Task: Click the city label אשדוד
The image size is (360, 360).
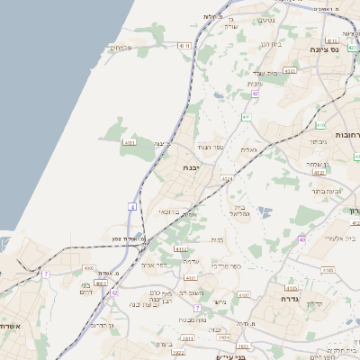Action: (9, 327)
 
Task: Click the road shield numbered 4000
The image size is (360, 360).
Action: (88, 267)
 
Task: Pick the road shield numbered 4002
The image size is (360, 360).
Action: (181, 248)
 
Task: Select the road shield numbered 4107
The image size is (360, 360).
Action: (242, 294)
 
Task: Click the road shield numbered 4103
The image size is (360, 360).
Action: (328, 269)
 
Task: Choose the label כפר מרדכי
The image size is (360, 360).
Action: (226, 265)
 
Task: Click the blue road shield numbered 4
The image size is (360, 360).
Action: (133, 206)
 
